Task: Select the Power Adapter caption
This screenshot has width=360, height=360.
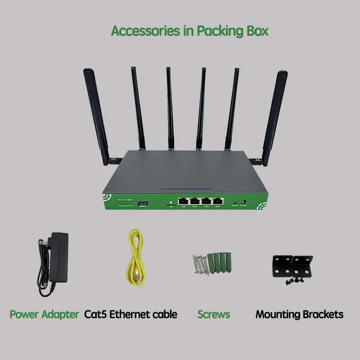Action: click(44, 314)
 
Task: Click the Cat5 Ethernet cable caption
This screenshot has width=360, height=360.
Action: click(130, 314)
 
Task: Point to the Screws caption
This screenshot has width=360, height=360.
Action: click(214, 314)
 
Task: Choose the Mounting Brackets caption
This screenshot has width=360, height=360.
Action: click(299, 314)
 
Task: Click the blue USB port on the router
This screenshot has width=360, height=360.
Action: click(144, 202)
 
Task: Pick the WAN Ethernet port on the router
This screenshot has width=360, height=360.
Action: click(218, 202)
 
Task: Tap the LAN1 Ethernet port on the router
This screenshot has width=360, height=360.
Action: click(183, 202)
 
